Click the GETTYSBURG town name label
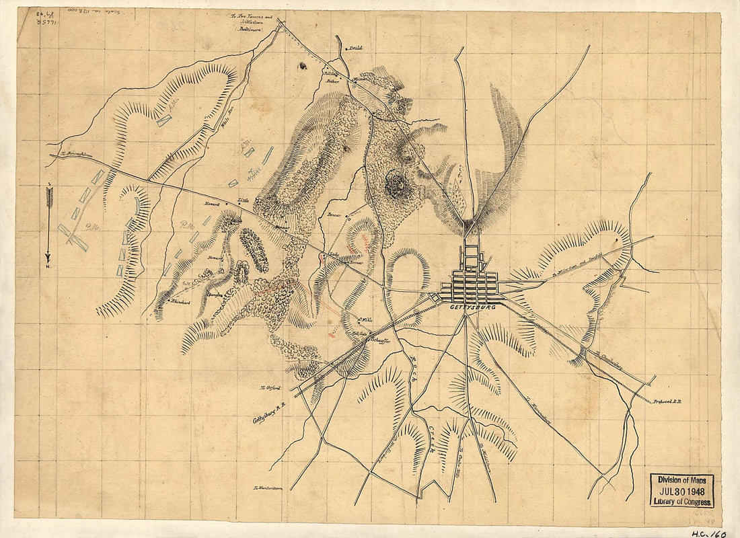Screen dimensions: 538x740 pos(470,307)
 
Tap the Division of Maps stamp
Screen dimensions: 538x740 pos(681,479)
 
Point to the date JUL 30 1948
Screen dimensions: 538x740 pos(681,490)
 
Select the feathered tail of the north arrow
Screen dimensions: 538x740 pos(48,195)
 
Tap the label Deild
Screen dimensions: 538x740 pos(355,48)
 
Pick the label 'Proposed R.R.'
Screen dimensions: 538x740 pos(666,401)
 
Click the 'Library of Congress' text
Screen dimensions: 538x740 pos(681,502)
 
